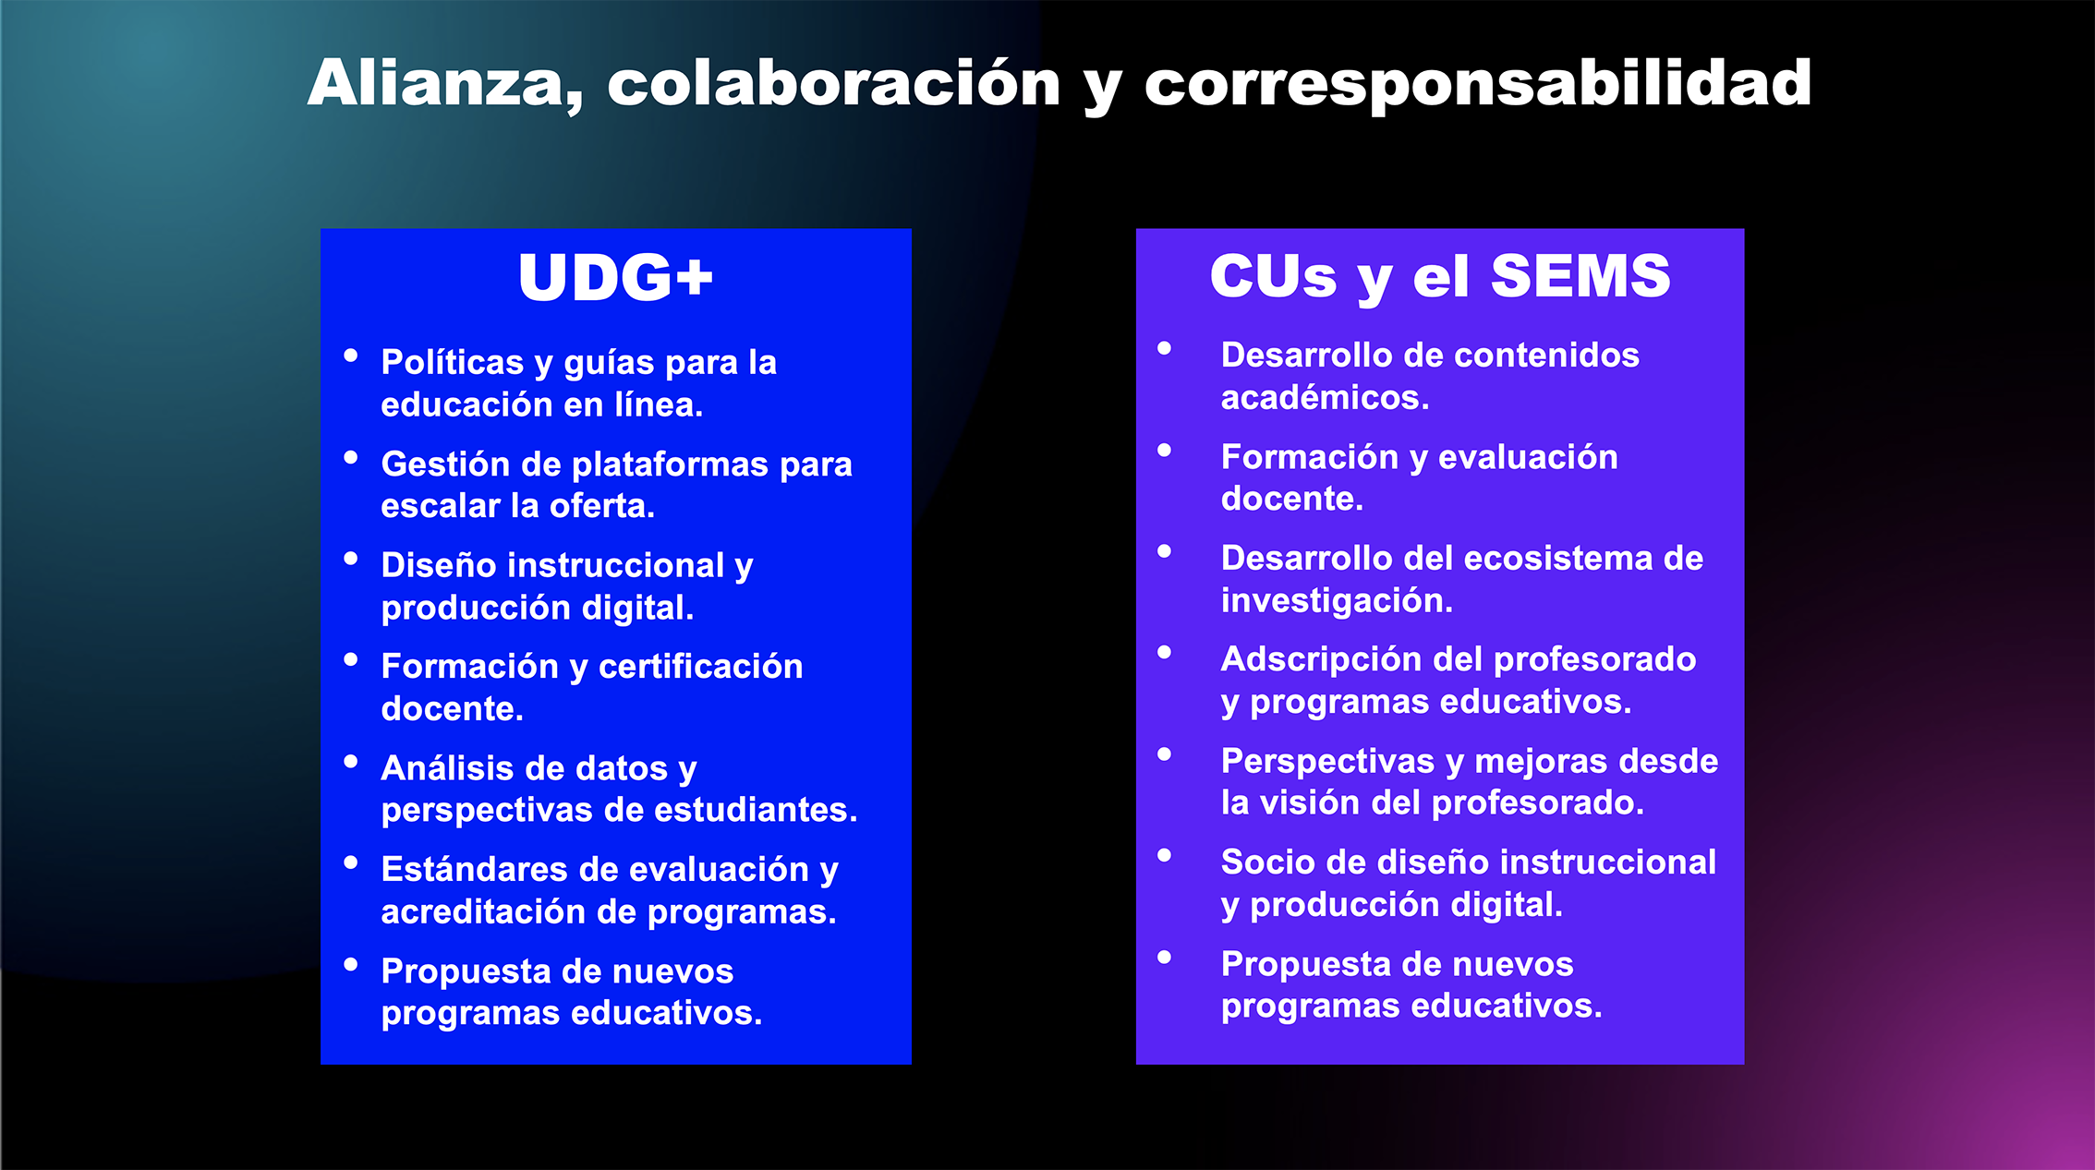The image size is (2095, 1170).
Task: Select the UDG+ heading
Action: (x=616, y=277)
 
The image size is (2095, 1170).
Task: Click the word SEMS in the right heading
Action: (x=1580, y=275)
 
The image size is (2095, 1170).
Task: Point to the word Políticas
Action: (x=453, y=362)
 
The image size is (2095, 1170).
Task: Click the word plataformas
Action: (x=670, y=464)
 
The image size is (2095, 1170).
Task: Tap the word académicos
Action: (x=1325, y=397)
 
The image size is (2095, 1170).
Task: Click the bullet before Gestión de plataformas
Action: (x=351, y=457)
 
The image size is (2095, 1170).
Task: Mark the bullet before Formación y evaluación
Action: (x=1165, y=451)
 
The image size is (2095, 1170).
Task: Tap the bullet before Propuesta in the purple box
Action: (x=1165, y=958)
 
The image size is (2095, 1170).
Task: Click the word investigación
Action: (x=1337, y=600)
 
